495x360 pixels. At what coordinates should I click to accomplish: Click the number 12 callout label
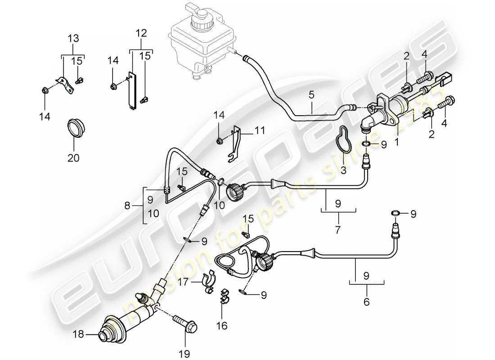tap(141, 32)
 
